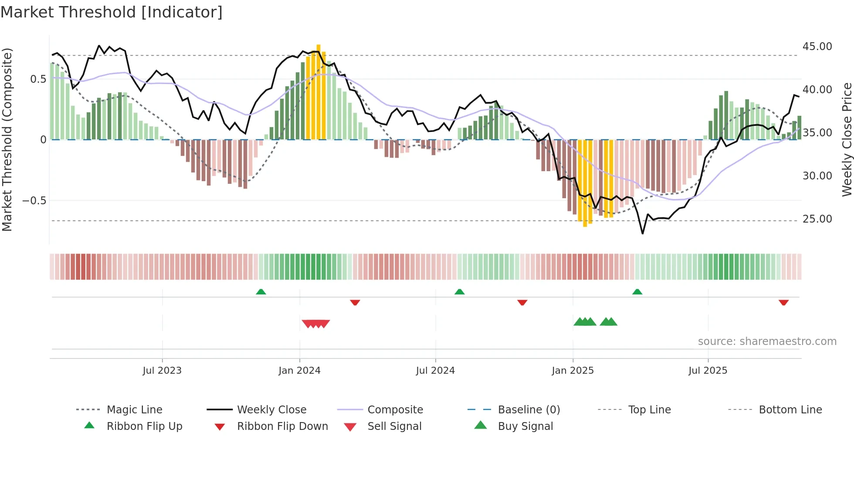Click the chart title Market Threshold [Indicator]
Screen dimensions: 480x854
(x=112, y=12)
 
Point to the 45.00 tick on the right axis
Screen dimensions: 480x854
(x=817, y=47)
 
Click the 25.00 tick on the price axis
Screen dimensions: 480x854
(x=817, y=219)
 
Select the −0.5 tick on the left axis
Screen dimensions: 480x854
(x=34, y=201)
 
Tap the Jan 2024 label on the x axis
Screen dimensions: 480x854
(x=299, y=371)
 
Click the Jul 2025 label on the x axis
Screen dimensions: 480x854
(x=708, y=371)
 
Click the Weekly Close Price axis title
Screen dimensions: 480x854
(x=847, y=139)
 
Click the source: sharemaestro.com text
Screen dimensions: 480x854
(x=767, y=341)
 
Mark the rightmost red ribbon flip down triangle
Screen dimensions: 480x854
(x=783, y=302)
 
